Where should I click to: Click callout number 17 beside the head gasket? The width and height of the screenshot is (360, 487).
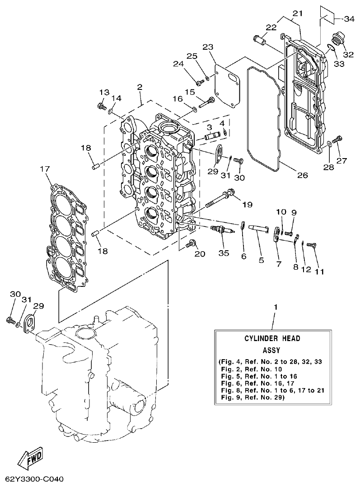(44, 169)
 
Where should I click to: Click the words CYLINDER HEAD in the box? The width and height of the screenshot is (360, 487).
(272, 338)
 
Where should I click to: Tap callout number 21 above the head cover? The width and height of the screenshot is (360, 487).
(296, 14)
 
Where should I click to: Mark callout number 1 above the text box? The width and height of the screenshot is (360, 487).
(275, 307)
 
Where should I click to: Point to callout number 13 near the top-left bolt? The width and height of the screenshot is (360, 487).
(104, 92)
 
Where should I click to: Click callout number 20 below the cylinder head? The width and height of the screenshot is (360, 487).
(200, 254)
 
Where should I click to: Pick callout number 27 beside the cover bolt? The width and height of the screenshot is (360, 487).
(342, 160)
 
